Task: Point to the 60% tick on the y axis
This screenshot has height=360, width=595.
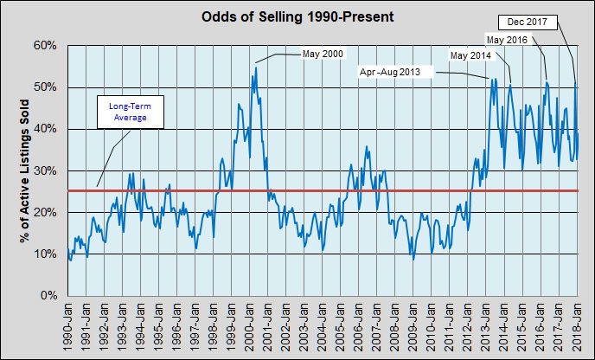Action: [x=44, y=46]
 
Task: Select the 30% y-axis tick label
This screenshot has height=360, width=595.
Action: [x=44, y=170]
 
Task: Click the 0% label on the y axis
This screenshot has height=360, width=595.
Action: [x=48, y=296]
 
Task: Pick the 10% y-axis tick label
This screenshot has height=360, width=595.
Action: [x=44, y=254]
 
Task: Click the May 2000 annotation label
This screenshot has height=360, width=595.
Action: [x=323, y=55]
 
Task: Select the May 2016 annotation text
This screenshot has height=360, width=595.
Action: [x=509, y=40]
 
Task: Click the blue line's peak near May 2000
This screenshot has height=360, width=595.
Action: [x=256, y=65]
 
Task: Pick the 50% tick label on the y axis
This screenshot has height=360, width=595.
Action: [x=44, y=87]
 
